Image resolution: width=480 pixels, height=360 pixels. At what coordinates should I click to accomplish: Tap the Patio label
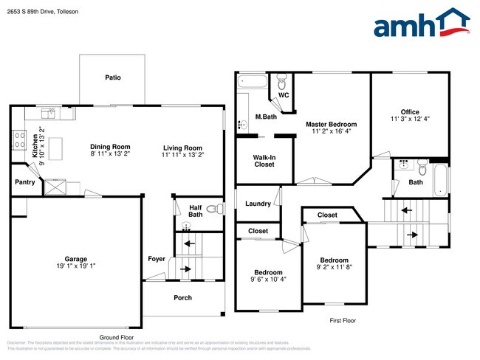tap(112, 77)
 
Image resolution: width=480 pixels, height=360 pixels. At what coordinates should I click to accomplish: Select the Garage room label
tap(75, 259)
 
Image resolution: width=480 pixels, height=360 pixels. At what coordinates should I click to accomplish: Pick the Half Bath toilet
tap(213, 210)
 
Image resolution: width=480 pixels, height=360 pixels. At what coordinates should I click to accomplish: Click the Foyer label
tap(157, 259)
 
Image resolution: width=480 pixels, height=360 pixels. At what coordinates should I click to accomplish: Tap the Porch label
tap(182, 298)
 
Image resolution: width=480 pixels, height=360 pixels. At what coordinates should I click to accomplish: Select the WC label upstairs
tap(284, 95)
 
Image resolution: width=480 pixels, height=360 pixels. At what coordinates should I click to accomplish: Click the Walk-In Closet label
tap(264, 161)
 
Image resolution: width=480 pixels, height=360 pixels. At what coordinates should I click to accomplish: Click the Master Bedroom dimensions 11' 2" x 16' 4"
tap(331, 132)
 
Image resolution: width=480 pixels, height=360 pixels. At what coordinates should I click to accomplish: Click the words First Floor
tap(342, 322)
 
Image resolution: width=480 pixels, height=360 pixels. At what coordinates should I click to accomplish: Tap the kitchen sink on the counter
tap(49, 113)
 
